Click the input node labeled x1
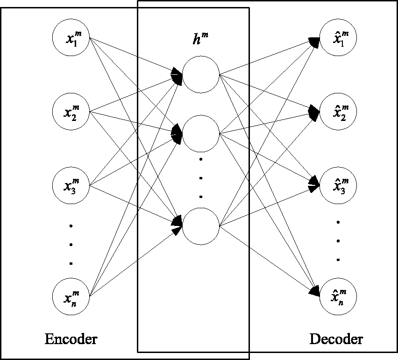(71, 37)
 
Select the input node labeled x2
(71, 112)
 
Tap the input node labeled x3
(71, 186)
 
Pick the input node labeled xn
(71, 296)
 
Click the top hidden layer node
(201, 75)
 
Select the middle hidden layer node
(201, 134)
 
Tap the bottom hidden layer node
(201, 226)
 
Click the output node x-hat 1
(338, 37)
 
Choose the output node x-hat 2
(338, 112)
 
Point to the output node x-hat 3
(338, 186)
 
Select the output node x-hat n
(338, 296)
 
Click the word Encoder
(71, 339)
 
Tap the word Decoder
(336, 339)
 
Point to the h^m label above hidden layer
(200, 39)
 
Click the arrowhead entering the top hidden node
(177, 76)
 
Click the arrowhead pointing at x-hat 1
(314, 42)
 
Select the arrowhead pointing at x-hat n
(314, 291)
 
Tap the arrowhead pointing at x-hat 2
(314, 113)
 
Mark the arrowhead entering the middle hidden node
(177, 134)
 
